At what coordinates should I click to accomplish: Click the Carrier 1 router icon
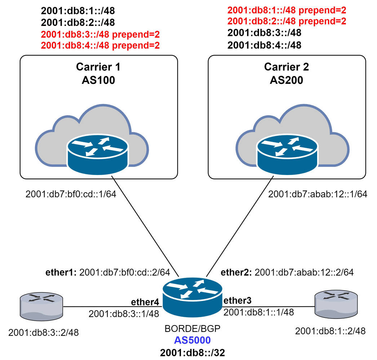tap(98, 152)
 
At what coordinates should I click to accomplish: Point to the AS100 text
tap(98, 80)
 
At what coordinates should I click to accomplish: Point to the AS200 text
tap(287, 80)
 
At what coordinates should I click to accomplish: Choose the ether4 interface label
tap(144, 302)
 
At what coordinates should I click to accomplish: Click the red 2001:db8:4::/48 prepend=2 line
tap(100, 45)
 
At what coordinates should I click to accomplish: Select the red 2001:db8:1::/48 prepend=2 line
tap(287, 10)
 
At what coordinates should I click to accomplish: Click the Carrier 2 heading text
tap(287, 67)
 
